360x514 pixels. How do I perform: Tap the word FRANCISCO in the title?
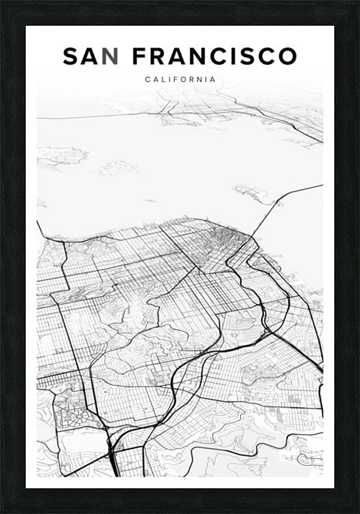click(x=215, y=57)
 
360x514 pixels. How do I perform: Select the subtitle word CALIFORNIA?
click(x=181, y=79)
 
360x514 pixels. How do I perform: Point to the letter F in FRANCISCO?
click(x=139, y=57)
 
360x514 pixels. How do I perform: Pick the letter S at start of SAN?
click(x=71, y=57)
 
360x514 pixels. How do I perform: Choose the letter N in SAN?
click(x=112, y=57)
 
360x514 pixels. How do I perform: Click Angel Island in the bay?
click(x=118, y=168)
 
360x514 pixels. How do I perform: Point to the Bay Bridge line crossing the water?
click(x=269, y=214)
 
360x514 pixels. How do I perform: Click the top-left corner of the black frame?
click(x=2, y=2)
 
